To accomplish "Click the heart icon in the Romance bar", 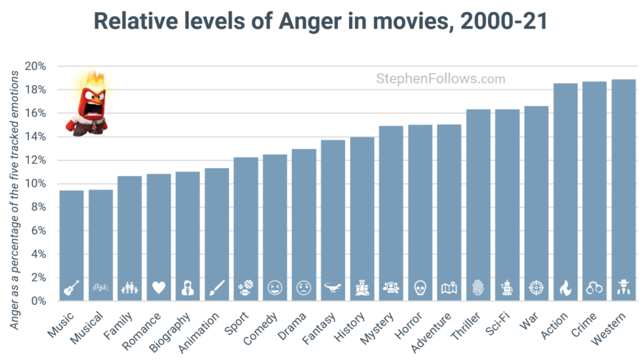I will click(159, 288).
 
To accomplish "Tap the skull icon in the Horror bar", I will click(420, 288).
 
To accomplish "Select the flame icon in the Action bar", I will click(565, 288).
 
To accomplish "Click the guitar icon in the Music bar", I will click(72, 288).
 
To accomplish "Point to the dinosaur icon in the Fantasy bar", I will click(333, 288).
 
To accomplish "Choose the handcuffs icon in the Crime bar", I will click(595, 288).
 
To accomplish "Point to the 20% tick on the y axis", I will click(35, 67).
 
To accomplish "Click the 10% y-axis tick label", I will click(35, 184).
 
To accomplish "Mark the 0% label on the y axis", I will click(38, 301).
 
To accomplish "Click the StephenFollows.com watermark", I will click(440, 79).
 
